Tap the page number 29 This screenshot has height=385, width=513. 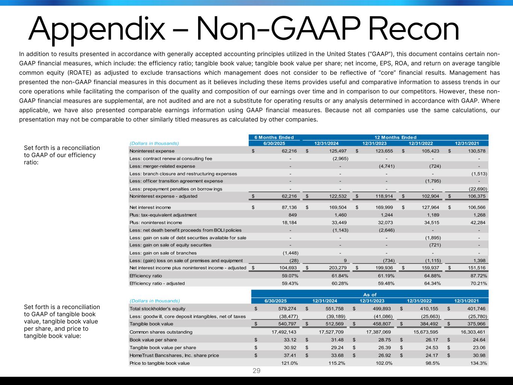coord(256,371)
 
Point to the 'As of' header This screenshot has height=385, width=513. coord(370,295)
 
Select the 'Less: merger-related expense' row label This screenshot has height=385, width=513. coord(162,166)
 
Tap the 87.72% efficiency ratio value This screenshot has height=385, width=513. coord(478,276)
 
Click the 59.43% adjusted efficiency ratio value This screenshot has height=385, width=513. coord(290,283)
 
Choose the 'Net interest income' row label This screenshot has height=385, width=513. coord(150,207)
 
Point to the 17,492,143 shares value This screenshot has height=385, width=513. coord(284,332)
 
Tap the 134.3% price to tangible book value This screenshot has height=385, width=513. coord(478,363)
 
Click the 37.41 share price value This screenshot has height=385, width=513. coord(290,355)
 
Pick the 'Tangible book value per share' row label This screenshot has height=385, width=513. coord(163,347)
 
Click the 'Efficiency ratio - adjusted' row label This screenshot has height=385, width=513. coord(157,283)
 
